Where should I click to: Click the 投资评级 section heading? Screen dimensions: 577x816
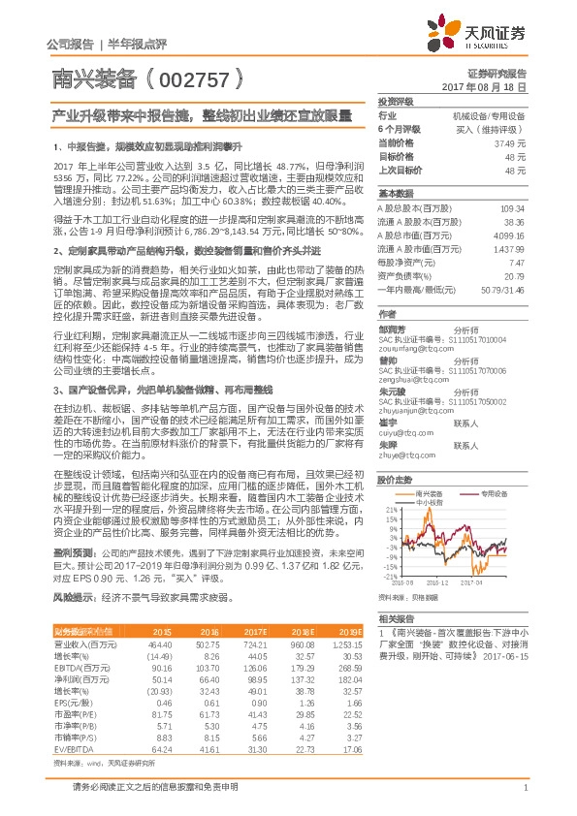point(396,101)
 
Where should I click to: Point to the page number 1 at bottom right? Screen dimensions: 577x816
point(525,787)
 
